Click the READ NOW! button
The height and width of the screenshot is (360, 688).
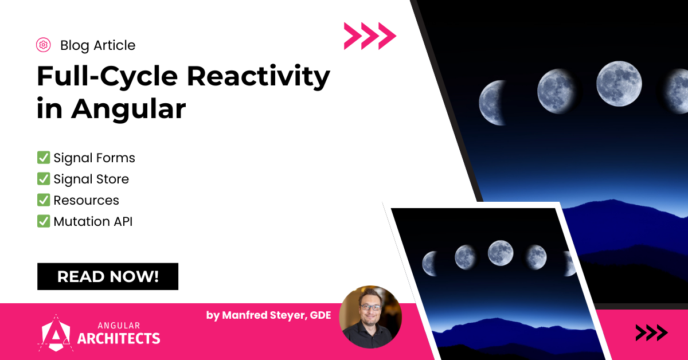tap(108, 276)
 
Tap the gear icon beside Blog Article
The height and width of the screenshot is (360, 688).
tap(43, 45)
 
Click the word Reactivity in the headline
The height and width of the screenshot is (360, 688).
tap(259, 76)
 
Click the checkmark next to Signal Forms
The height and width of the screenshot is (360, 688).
tap(43, 158)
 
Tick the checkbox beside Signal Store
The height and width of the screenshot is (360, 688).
tap(43, 179)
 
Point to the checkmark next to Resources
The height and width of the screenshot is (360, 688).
tap(43, 200)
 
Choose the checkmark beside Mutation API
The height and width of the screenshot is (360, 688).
tap(43, 221)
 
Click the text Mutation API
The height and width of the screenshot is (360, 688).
tap(93, 221)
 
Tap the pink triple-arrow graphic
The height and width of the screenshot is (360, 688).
tap(370, 36)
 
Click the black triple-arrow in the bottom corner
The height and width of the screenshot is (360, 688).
tap(651, 332)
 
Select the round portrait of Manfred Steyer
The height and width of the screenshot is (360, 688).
tap(370, 317)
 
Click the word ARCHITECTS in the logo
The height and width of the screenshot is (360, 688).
tap(119, 338)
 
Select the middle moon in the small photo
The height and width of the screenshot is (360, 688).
tap(500, 253)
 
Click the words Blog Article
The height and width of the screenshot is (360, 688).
tap(97, 45)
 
